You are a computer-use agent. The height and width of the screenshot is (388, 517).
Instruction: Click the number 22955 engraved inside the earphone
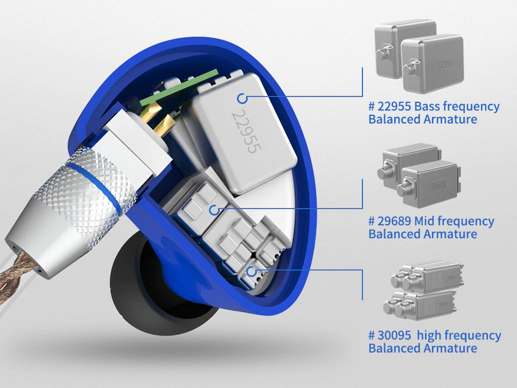(x=246, y=132)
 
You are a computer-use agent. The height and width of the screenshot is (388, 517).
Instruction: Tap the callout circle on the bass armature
(x=242, y=98)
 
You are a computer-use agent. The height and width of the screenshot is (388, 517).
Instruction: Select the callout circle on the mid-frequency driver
(x=214, y=210)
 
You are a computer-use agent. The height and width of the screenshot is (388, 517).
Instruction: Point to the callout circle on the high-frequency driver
(x=251, y=272)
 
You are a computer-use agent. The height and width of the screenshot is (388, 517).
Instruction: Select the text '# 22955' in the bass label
(x=389, y=107)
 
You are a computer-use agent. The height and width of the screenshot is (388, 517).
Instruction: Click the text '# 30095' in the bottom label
(x=389, y=336)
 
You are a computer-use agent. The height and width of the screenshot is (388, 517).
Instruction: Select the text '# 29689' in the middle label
(x=389, y=221)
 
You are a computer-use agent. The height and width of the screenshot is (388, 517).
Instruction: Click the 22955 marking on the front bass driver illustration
(x=444, y=64)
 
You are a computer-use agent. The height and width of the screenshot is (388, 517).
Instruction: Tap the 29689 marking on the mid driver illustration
(x=438, y=185)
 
